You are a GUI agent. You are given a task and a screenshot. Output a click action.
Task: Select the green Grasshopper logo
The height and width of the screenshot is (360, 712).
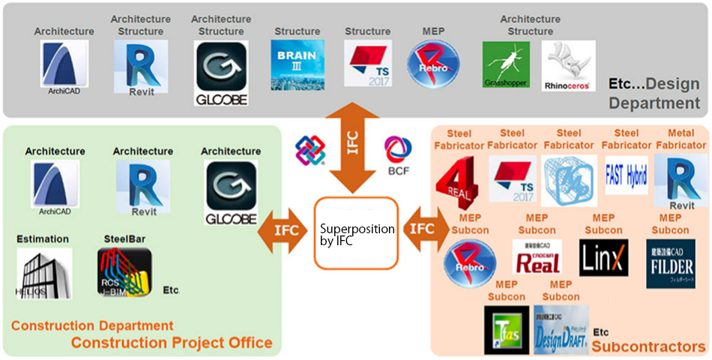(x=505, y=65)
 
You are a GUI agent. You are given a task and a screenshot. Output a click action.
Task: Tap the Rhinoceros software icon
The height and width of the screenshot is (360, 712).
(x=567, y=66)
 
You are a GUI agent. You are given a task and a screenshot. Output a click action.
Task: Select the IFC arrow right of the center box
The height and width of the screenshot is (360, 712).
(x=423, y=229)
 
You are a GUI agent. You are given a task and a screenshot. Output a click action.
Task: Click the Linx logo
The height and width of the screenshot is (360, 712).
(x=603, y=258)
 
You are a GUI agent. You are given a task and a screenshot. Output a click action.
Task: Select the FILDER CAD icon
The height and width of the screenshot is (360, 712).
(x=670, y=263)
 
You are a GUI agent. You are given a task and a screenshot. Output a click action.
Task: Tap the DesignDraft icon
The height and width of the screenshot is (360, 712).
(x=561, y=329)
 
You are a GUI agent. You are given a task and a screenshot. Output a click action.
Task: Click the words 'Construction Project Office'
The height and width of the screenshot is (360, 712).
(x=172, y=343)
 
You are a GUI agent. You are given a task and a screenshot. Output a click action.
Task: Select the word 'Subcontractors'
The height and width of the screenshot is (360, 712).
(x=648, y=346)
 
